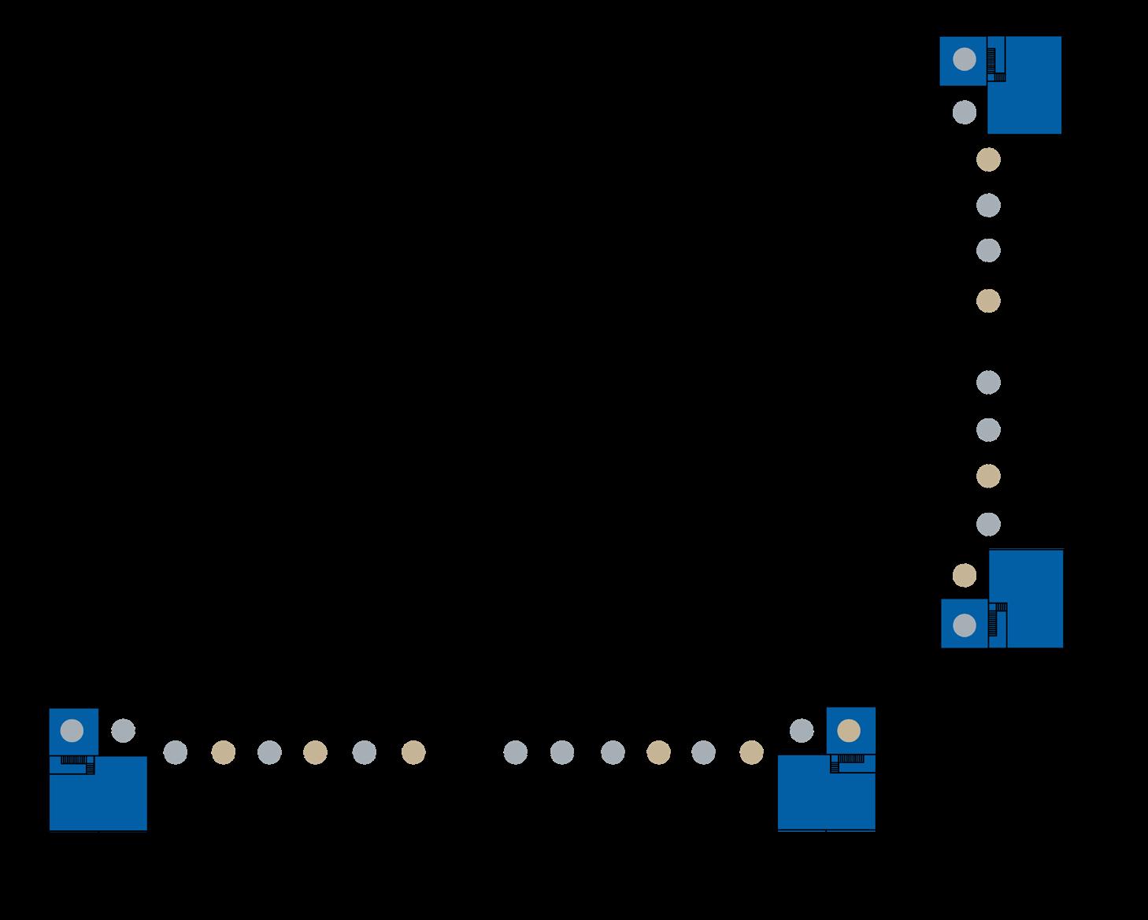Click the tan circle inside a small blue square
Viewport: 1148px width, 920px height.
point(848,731)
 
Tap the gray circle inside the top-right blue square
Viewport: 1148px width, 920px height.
point(964,59)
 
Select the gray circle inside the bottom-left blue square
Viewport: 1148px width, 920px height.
point(72,730)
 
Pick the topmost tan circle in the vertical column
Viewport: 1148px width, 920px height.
point(988,160)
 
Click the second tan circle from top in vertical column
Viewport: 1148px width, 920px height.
point(988,301)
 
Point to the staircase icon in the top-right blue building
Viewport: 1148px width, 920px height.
point(997,65)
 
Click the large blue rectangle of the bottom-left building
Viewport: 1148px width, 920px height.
point(98,796)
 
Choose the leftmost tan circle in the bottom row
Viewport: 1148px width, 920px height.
point(223,752)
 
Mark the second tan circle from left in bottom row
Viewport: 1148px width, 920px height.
point(315,752)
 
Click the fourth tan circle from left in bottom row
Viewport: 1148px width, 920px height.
point(658,752)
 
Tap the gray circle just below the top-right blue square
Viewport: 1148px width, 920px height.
point(964,112)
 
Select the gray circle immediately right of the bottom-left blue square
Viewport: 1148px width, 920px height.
point(123,730)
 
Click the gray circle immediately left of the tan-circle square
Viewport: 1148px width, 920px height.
point(802,730)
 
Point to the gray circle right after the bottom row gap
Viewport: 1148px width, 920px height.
point(514,752)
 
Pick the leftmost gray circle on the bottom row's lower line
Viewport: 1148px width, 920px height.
point(175,752)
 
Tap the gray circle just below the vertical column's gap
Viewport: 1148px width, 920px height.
point(988,382)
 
